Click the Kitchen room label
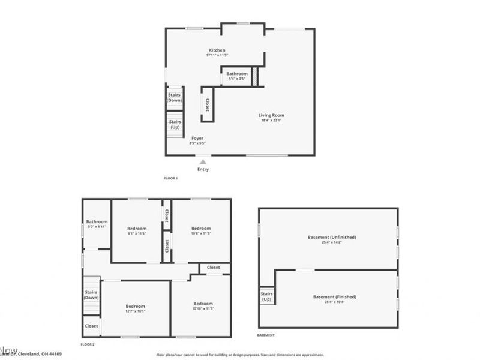click(217, 50)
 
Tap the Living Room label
click(271, 115)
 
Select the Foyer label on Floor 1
click(197, 138)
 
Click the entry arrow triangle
click(203, 161)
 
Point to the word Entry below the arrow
click(203, 169)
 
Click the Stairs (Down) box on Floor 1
click(175, 97)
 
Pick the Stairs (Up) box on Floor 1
click(175, 124)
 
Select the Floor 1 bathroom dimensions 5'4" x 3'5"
click(237, 79)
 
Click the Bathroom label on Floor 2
click(97, 221)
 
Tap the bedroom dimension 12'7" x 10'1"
click(135, 311)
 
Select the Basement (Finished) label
click(335, 297)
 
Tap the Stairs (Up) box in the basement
click(266, 296)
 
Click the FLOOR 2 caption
click(88, 344)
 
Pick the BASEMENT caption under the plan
click(266, 335)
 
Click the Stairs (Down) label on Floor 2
click(91, 295)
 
